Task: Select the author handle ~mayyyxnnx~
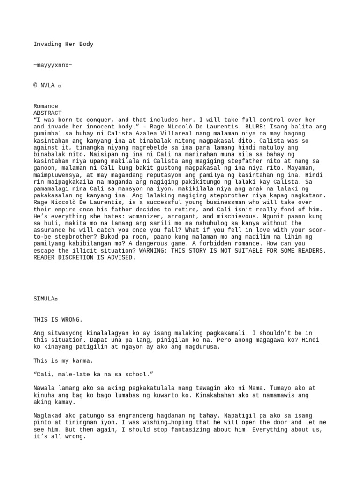point(53,65)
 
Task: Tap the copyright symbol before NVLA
point(36,86)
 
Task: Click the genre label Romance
point(45,106)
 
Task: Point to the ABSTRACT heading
point(47,113)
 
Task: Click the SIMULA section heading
point(44,299)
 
